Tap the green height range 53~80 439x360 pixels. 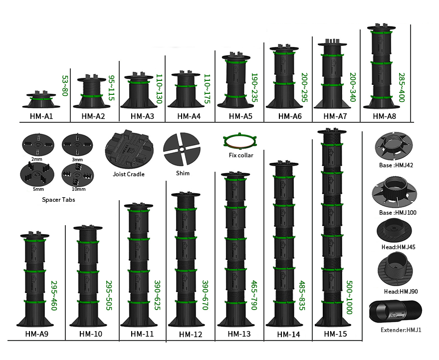point(64,86)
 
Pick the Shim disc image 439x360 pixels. point(182,150)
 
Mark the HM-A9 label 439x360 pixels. point(36,334)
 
